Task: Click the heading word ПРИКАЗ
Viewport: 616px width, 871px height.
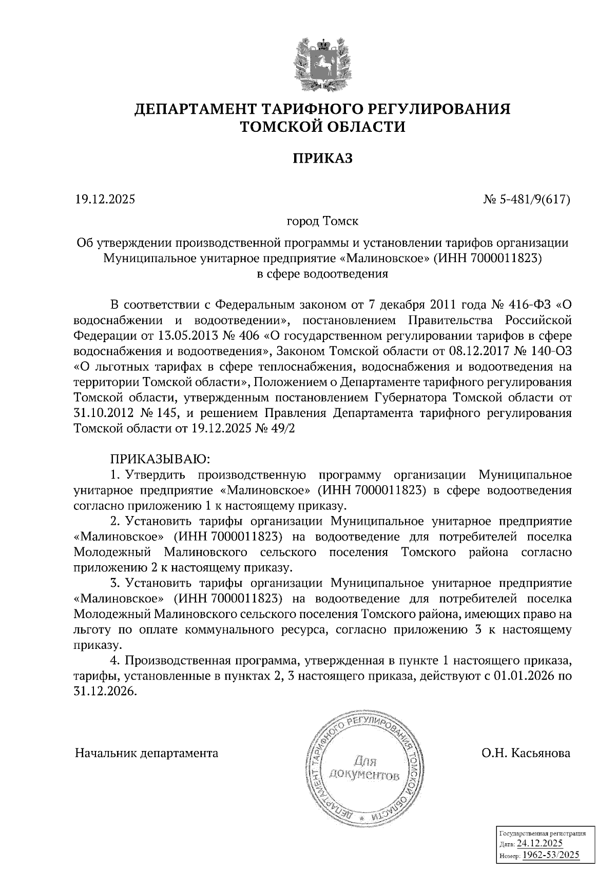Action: pyautogui.click(x=322, y=159)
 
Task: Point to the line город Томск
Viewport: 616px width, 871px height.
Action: pyautogui.click(x=322, y=222)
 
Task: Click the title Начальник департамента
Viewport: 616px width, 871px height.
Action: pyautogui.click(x=147, y=754)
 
